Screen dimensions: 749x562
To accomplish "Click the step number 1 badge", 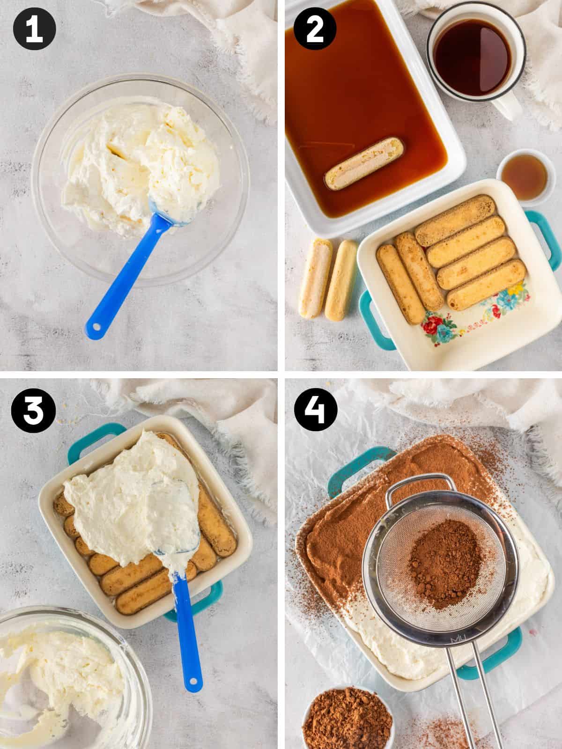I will coord(34,29).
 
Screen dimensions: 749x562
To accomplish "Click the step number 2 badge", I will coord(315,29).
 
